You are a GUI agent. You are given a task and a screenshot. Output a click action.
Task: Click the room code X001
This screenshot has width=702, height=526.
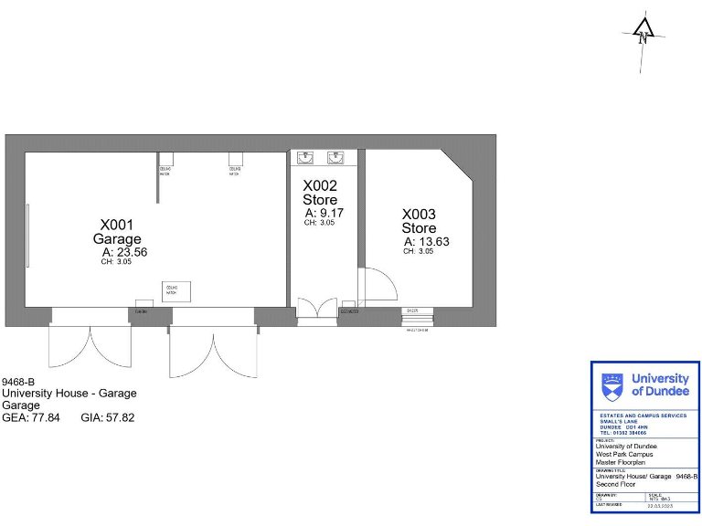point(117,225)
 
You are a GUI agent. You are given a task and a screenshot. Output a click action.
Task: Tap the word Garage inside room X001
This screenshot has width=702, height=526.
point(117,239)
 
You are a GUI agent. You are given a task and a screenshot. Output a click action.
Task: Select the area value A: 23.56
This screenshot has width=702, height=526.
point(124,253)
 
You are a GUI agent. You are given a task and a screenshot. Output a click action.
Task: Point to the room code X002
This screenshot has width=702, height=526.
point(320,185)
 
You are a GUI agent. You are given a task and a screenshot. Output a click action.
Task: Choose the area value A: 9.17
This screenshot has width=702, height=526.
point(324,213)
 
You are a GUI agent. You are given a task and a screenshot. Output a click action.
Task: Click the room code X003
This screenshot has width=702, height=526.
point(419,214)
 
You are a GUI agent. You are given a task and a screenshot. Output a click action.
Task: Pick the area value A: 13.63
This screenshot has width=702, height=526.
point(426,242)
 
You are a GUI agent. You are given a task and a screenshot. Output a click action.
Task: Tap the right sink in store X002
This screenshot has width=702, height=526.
point(336,156)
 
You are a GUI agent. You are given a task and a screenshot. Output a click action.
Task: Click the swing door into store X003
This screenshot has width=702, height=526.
point(378,283)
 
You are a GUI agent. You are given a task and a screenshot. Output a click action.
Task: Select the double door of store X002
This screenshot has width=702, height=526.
point(317,309)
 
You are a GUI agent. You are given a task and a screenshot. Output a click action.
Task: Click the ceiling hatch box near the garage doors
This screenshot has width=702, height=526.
point(171,290)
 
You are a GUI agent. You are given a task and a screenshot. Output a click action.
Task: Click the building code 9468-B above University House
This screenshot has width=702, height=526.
point(18,382)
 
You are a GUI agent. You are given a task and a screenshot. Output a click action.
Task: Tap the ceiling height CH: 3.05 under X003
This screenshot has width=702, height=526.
point(419,251)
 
